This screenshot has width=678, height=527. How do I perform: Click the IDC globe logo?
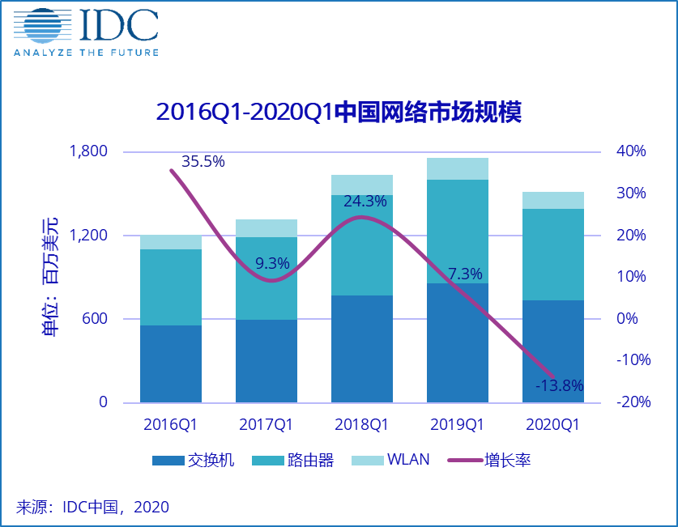point(43,25)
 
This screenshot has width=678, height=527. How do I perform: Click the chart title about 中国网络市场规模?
point(339,113)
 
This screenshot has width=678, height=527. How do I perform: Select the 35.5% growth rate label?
point(203,162)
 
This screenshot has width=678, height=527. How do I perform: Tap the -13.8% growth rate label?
point(560,385)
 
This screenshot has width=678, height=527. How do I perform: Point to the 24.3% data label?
point(365,202)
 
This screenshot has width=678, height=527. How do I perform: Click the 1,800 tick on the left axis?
point(88,151)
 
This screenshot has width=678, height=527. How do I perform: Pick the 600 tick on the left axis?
point(95,318)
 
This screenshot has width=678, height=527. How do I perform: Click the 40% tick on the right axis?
point(631,151)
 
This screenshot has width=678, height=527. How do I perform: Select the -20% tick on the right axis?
point(633,402)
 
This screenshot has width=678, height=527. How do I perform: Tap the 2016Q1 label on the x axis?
point(170,425)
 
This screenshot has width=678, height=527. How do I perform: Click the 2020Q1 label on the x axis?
point(552,425)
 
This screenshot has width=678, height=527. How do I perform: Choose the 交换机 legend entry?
point(194,461)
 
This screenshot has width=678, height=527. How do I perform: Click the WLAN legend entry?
point(390,460)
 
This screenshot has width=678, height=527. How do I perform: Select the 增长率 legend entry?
point(489,461)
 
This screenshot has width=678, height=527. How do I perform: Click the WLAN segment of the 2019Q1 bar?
point(458,169)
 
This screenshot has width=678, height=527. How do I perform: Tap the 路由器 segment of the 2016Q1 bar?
point(171,287)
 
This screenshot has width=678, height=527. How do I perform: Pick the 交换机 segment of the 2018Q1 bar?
point(362,349)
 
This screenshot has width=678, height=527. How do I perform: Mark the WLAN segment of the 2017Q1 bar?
point(267,228)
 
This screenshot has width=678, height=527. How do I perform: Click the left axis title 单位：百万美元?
point(49,277)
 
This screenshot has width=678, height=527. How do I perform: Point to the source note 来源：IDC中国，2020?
point(92,507)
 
